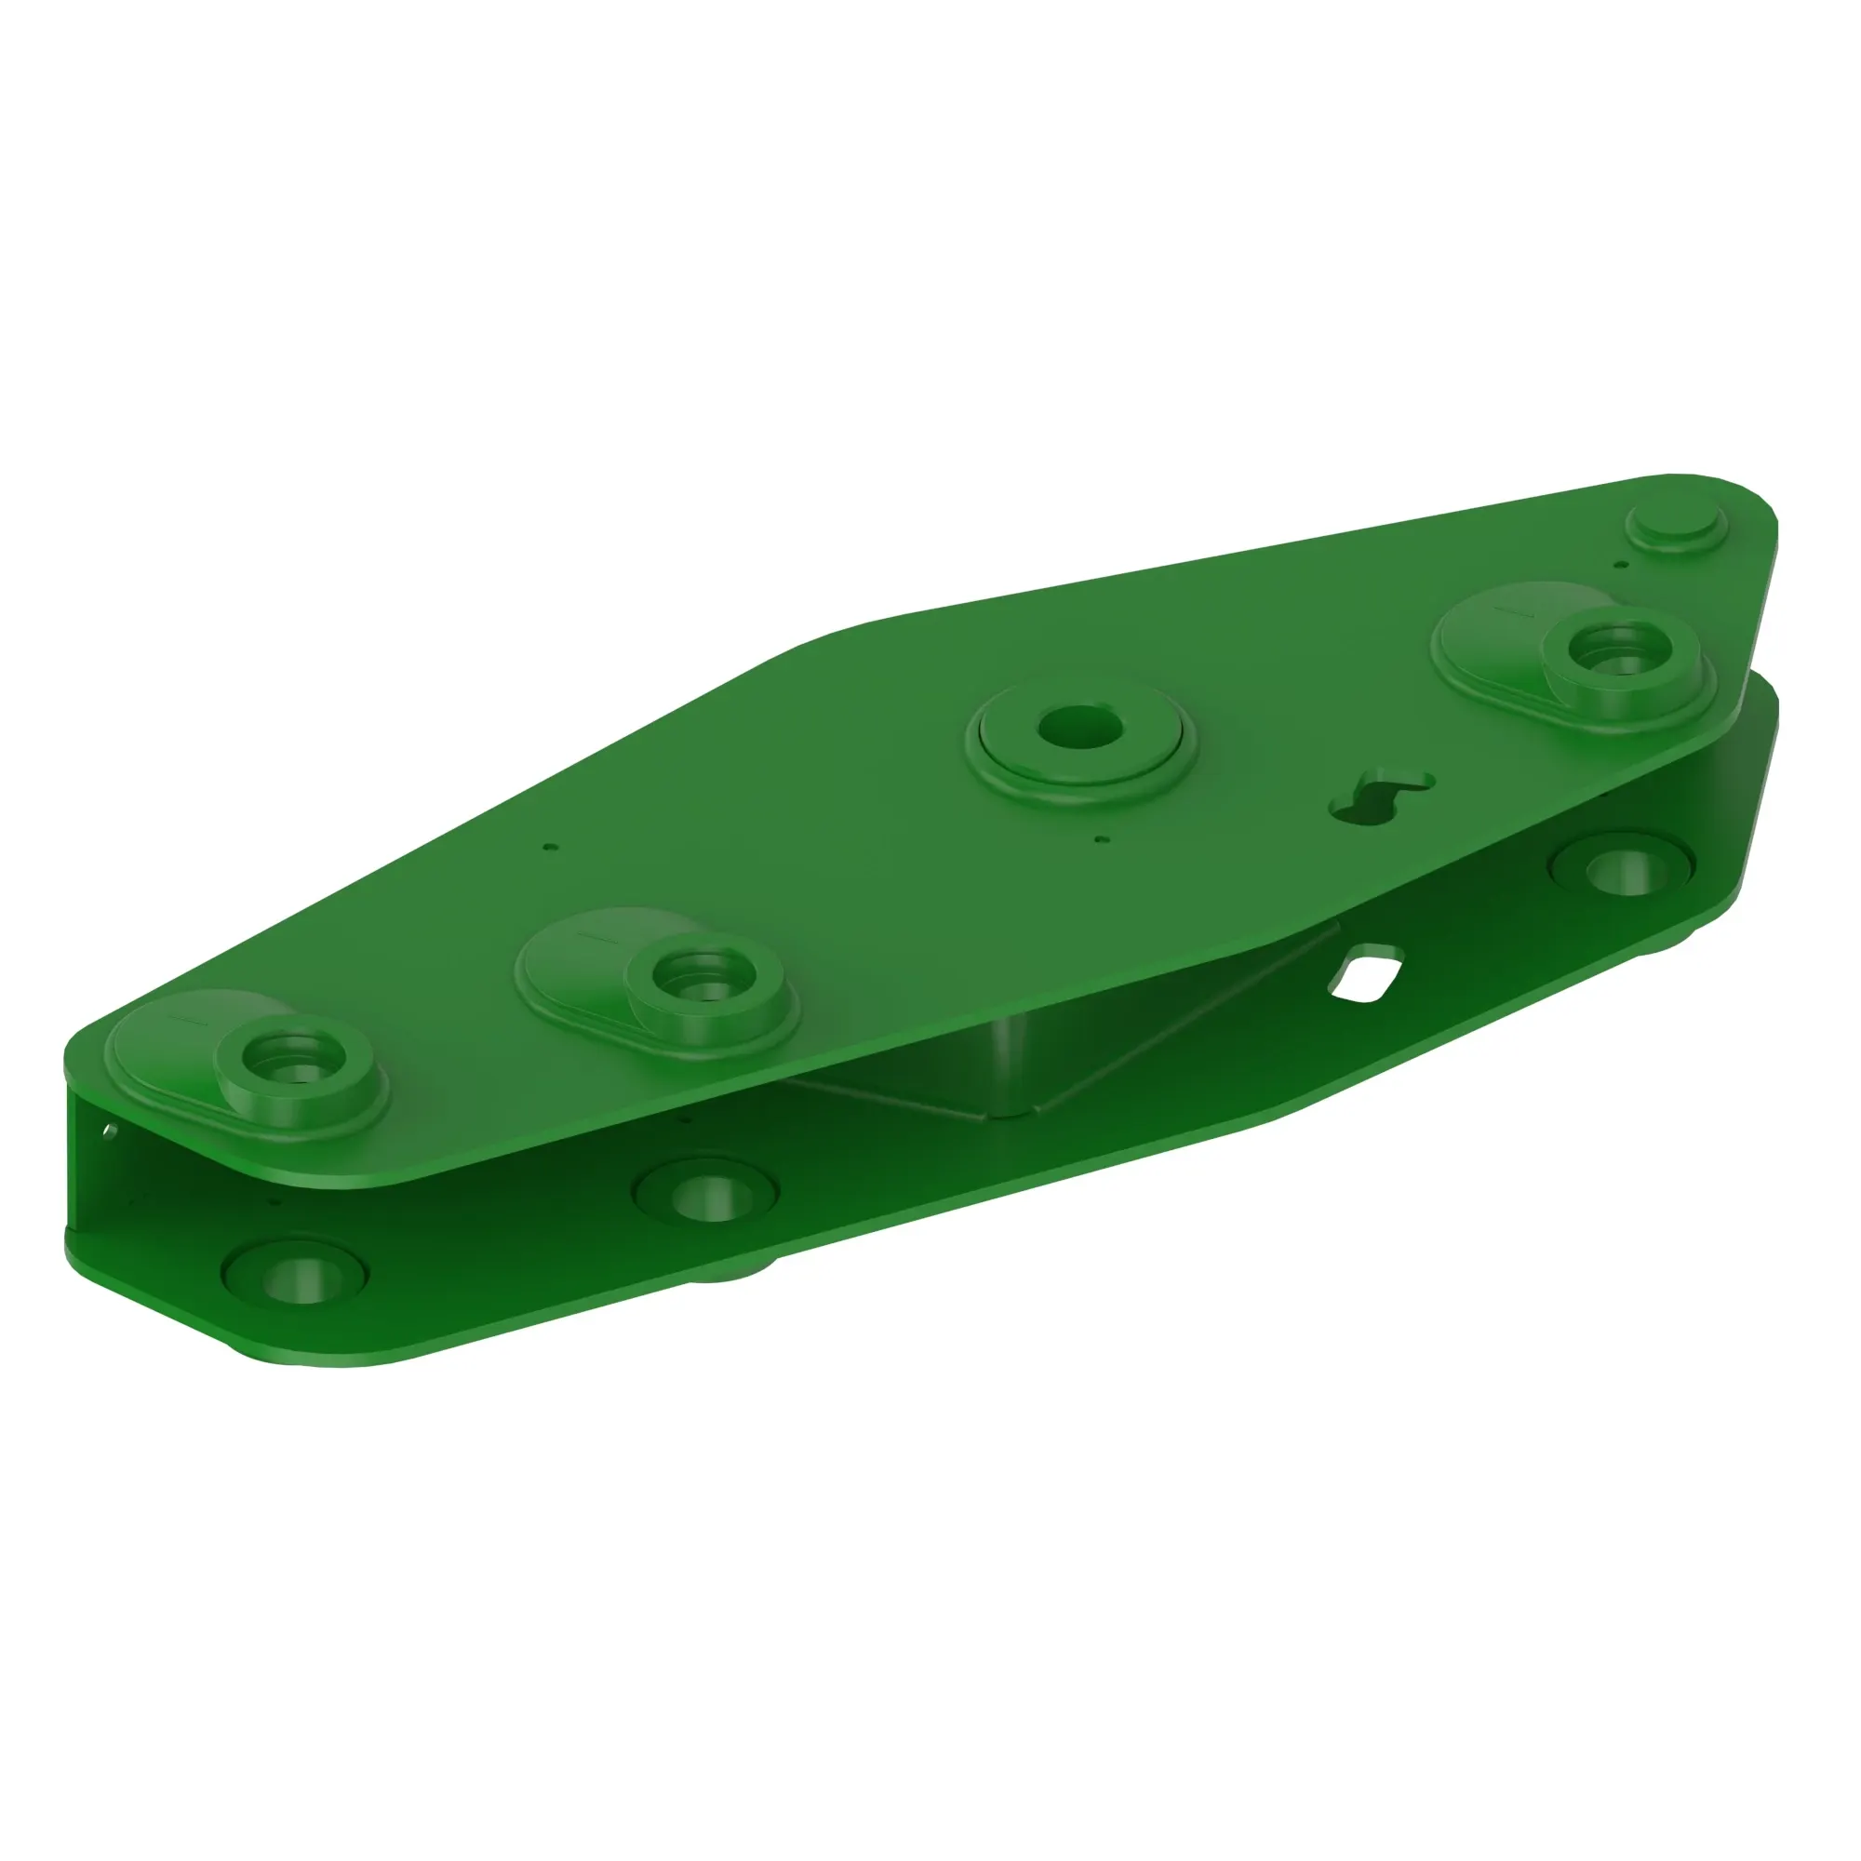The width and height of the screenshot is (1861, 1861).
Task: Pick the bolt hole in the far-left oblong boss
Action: (291, 1051)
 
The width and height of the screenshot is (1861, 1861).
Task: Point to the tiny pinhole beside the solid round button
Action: (1622, 565)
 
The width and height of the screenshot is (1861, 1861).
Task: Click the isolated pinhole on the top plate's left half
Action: (549, 848)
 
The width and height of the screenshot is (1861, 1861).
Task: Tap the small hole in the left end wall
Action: (110, 1129)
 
